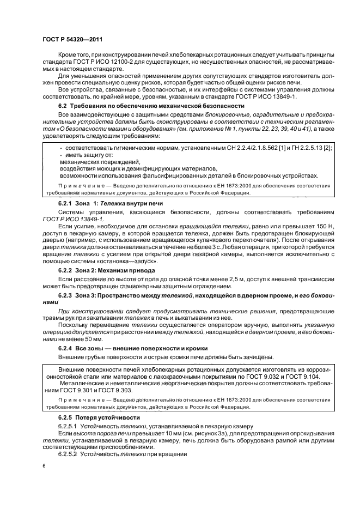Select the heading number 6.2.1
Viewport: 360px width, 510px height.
(68, 202)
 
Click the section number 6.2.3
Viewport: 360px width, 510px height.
(68, 295)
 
